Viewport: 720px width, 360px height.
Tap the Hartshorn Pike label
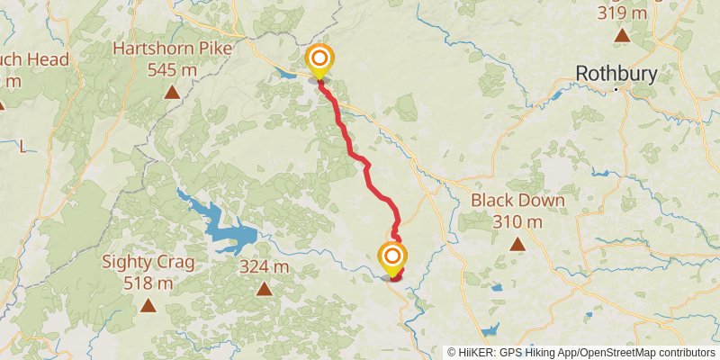(170, 49)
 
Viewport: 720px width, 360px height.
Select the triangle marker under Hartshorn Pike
(171, 92)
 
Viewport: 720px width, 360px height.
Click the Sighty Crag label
(148, 262)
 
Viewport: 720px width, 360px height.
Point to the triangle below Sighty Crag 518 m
(148, 305)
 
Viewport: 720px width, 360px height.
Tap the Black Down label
(517, 201)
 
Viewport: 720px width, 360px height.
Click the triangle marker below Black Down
(517, 243)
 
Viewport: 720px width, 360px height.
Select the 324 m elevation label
(265, 267)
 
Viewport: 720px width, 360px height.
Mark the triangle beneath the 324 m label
(265, 289)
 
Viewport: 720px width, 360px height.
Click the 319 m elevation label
(622, 13)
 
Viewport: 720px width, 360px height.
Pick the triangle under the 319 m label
(622, 35)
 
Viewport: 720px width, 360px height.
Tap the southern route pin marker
(391, 259)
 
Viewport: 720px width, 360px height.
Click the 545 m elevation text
(171, 68)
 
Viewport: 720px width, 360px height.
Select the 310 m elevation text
(517, 221)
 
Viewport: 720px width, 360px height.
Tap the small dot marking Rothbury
(616, 89)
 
